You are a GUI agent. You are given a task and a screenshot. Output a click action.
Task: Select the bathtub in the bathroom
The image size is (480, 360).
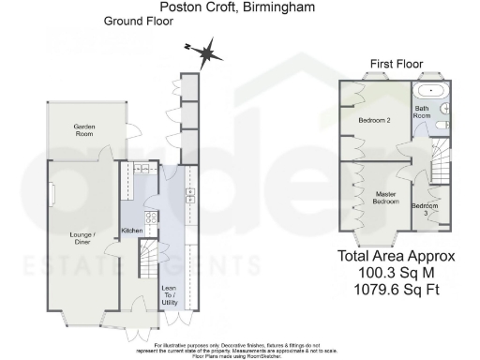(x=430, y=94)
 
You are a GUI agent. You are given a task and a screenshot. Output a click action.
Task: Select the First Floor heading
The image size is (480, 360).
(x=393, y=63)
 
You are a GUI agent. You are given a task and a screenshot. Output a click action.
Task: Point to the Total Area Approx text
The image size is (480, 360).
(x=397, y=256)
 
